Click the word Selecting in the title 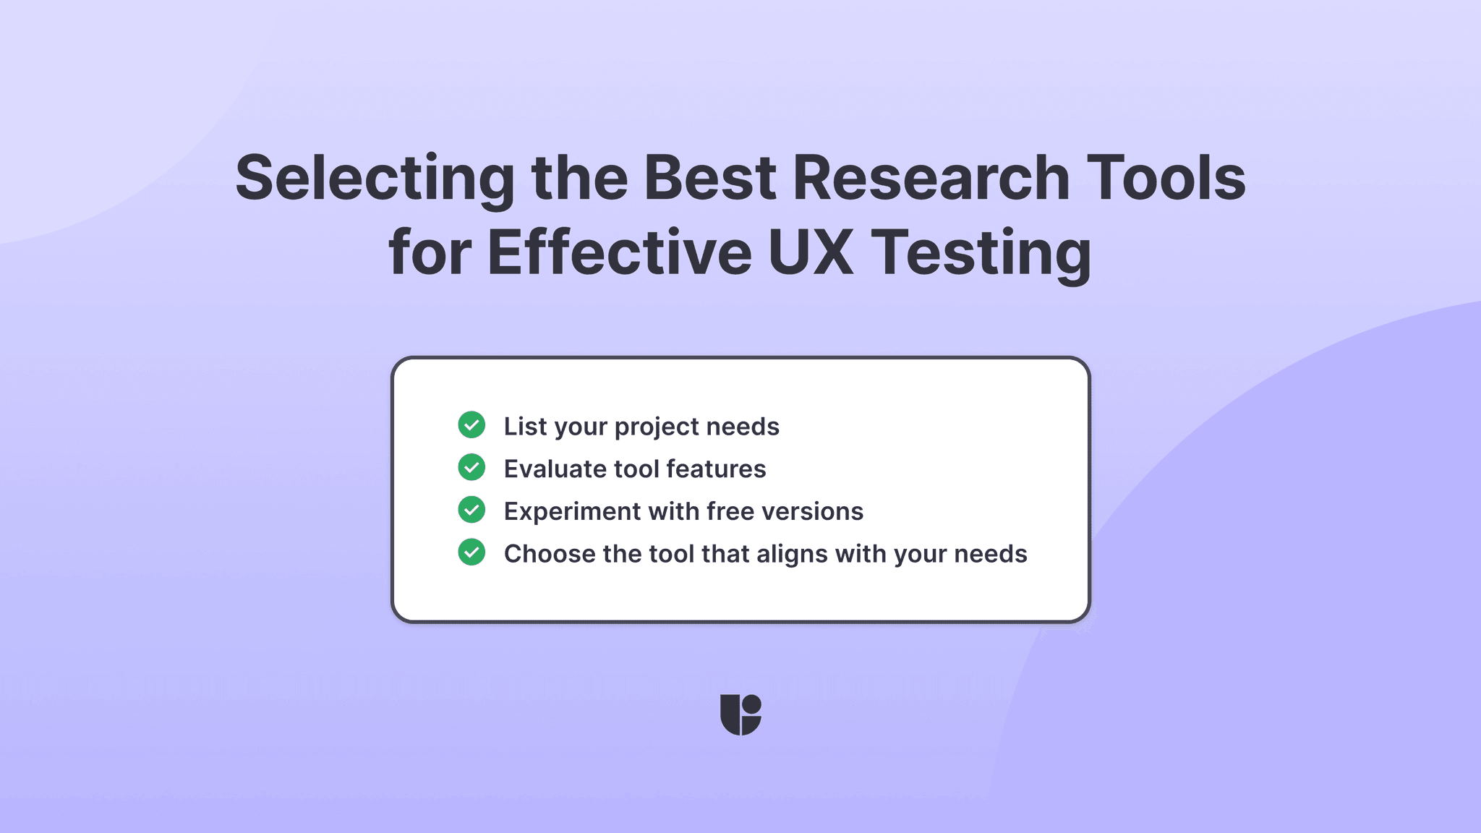tap(375, 179)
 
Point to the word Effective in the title tap(620, 252)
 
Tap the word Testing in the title tap(981, 254)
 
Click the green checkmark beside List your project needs tap(471, 425)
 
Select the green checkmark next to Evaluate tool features tap(471, 468)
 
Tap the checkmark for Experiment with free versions tap(471, 510)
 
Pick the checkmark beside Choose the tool tap(471, 552)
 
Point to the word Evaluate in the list tap(555, 469)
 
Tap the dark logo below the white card tap(740, 714)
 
